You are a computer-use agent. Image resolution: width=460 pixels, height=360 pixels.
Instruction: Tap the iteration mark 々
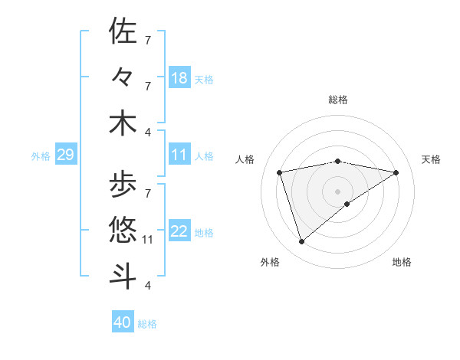123,77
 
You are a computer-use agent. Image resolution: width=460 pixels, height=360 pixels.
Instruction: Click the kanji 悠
123,228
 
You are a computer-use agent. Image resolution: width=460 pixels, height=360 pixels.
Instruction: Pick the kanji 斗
123,275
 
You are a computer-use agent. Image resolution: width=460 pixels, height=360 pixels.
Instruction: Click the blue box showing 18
179,77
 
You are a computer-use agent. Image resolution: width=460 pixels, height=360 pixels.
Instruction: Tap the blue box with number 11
179,155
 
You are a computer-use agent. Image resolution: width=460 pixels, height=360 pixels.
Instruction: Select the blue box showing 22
179,232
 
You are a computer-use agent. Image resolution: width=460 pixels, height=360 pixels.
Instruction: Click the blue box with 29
65,155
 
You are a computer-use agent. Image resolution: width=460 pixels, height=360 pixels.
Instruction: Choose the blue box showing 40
123,322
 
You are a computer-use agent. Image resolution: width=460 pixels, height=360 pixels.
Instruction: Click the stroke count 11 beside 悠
149,240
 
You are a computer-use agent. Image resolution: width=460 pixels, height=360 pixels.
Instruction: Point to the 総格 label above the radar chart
337,100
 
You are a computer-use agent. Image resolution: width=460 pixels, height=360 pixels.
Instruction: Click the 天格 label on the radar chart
431,159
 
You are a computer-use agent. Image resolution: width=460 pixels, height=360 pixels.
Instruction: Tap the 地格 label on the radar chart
402,262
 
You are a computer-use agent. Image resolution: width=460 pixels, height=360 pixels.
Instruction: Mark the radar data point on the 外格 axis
301,242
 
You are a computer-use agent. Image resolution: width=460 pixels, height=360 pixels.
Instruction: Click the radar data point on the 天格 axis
396,172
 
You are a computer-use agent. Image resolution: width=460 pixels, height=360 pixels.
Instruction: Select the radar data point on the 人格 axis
280,172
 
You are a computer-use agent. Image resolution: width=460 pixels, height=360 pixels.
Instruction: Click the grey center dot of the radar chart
337,191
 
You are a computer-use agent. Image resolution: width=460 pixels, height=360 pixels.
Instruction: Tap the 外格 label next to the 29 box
41,156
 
